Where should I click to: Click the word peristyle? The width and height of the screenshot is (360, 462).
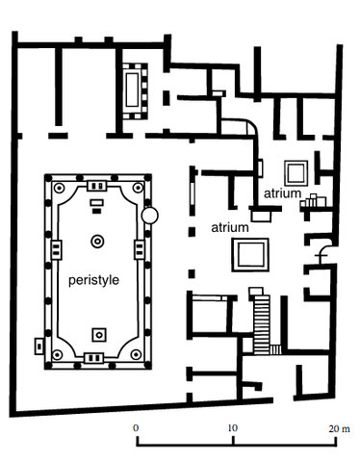pyautogui.click(x=95, y=281)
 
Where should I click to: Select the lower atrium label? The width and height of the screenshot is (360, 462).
pyautogui.click(x=230, y=228)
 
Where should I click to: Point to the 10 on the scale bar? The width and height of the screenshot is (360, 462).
pyautogui.click(x=231, y=425)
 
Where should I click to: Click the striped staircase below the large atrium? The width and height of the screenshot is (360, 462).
pyautogui.click(x=261, y=323)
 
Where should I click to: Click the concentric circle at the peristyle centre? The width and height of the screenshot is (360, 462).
pyautogui.click(x=97, y=241)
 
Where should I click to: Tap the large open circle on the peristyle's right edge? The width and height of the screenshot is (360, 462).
pyautogui.click(x=149, y=215)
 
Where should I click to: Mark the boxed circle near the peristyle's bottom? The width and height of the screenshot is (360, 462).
pyautogui.click(x=97, y=333)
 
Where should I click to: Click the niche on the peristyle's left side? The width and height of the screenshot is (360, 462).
pyautogui.click(x=48, y=248)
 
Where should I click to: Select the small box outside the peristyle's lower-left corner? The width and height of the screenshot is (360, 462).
pyautogui.click(x=39, y=342)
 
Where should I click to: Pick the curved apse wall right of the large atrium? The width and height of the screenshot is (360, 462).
pyautogui.click(x=323, y=252)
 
